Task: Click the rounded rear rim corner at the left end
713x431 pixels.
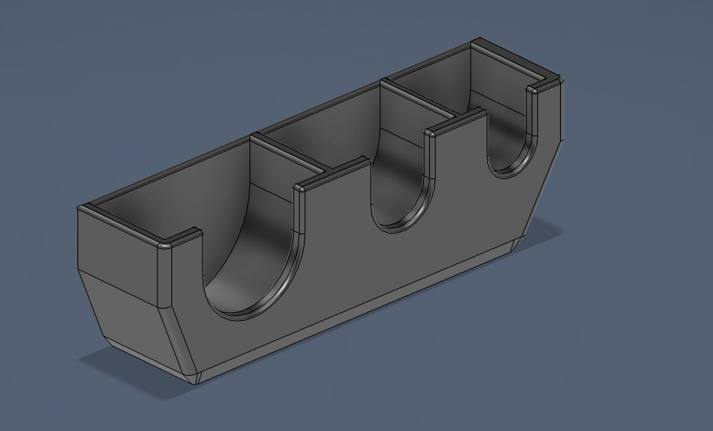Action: pyautogui.click(x=86, y=208)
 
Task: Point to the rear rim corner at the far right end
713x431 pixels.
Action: pyautogui.click(x=477, y=43)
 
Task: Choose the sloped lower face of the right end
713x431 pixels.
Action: pyautogui.click(x=547, y=176)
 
